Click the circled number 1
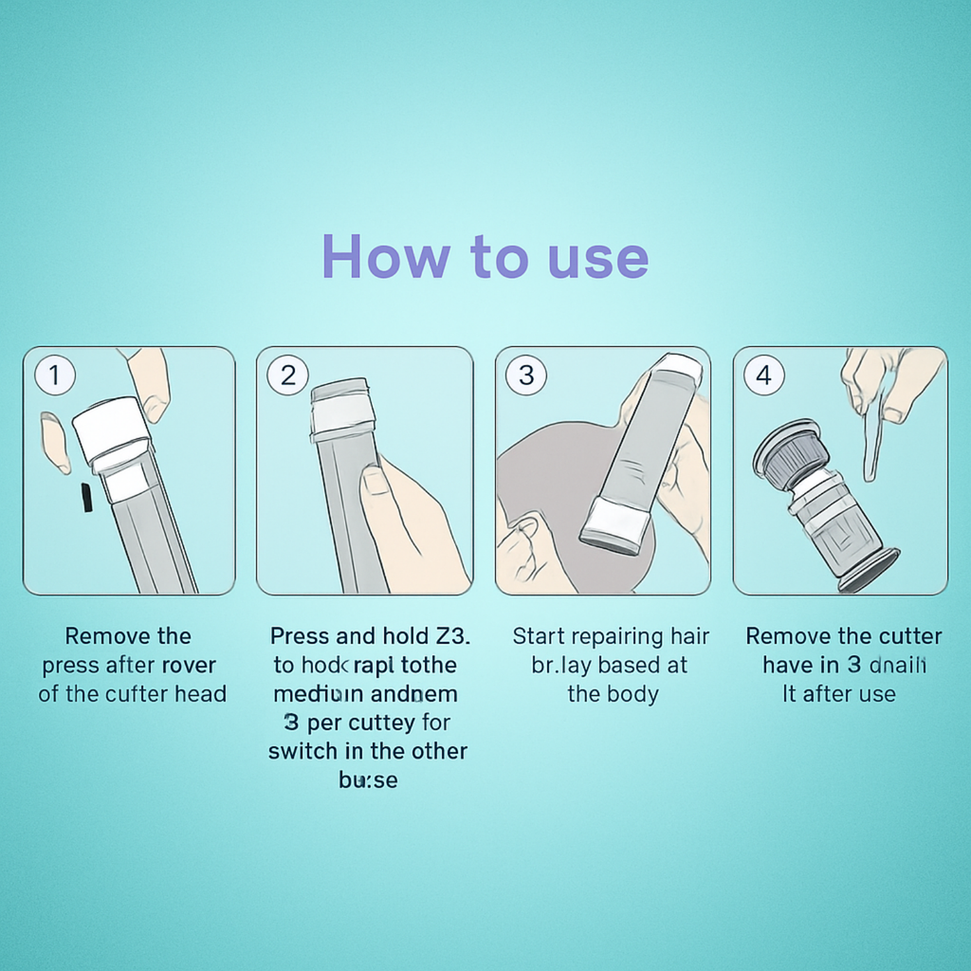(x=54, y=376)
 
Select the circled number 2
(x=287, y=376)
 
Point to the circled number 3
(x=526, y=376)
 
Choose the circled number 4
(x=763, y=376)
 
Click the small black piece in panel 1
(x=86, y=497)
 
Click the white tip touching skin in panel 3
(x=614, y=524)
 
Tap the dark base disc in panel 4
(x=869, y=570)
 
